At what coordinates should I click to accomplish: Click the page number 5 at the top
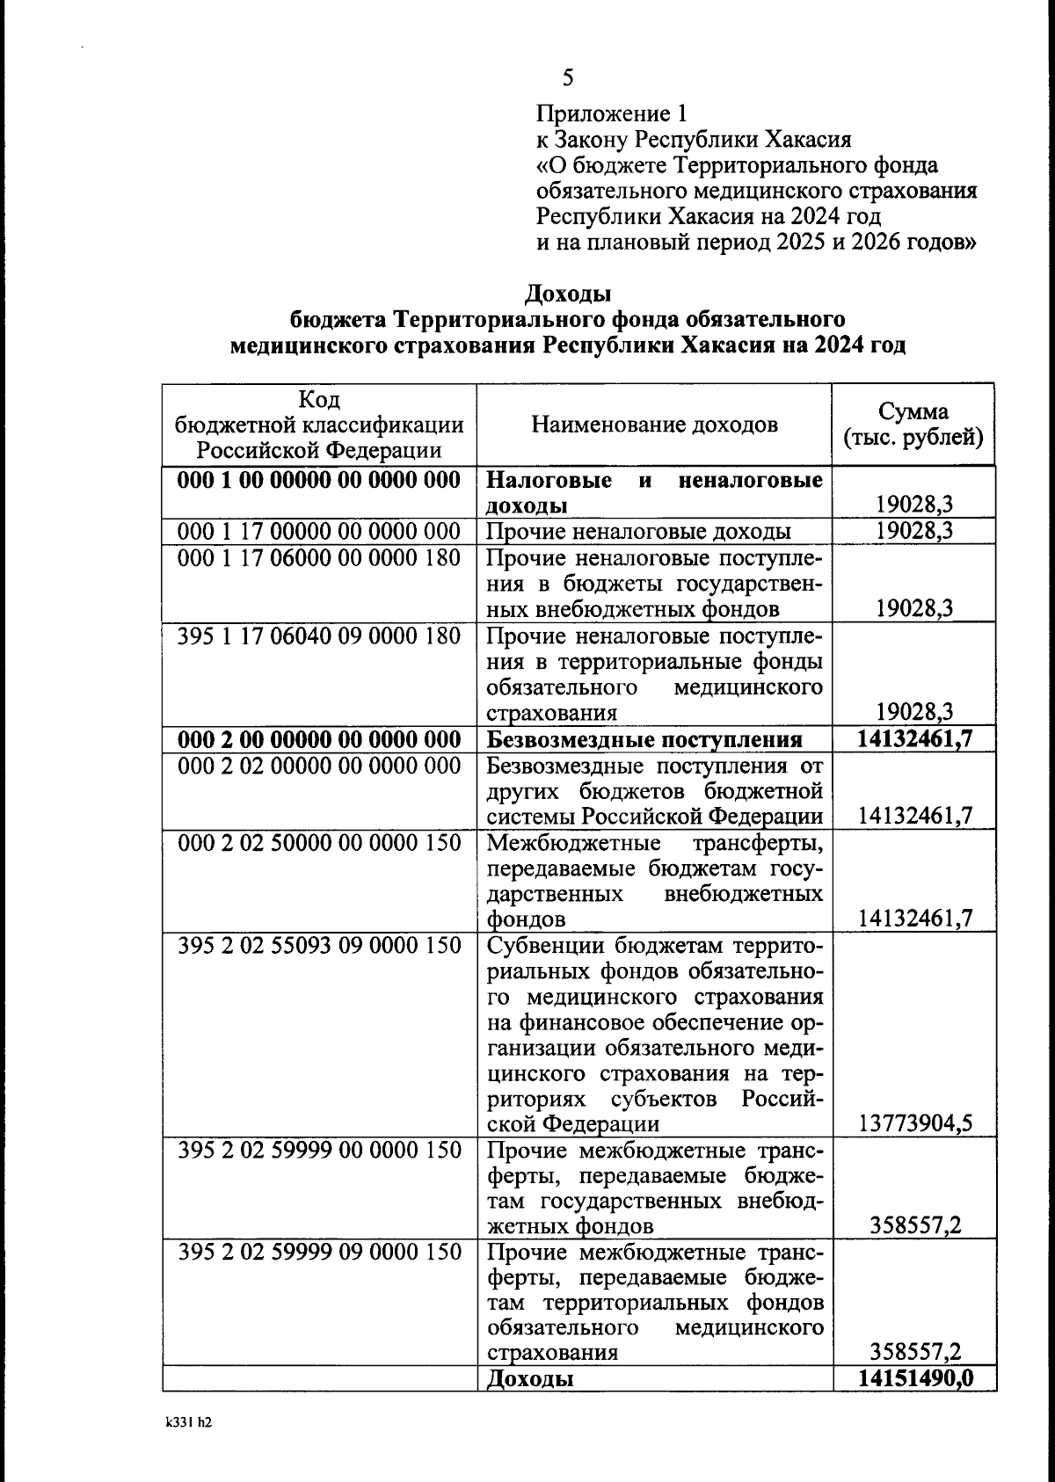(x=568, y=78)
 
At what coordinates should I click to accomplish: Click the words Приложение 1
(x=612, y=113)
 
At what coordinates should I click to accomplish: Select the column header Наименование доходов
(x=654, y=425)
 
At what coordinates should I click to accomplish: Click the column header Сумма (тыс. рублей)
(x=913, y=425)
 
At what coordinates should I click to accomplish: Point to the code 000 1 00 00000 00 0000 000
(x=319, y=480)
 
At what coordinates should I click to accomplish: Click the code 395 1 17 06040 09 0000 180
(x=319, y=635)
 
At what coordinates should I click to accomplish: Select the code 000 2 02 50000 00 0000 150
(x=319, y=842)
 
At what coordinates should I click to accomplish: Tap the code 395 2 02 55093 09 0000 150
(x=319, y=945)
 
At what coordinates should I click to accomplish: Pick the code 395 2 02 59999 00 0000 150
(x=319, y=1150)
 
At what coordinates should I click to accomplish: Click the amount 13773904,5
(x=915, y=1123)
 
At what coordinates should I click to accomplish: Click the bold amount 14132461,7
(x=915, y=738)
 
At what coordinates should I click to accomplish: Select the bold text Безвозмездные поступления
(x=644, y=739)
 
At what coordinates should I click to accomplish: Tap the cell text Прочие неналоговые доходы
(x=638, y=531)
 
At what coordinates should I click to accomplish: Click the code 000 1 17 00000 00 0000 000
(x=319, y=531)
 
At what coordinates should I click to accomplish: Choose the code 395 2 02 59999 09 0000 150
(x=319, y=1252)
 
